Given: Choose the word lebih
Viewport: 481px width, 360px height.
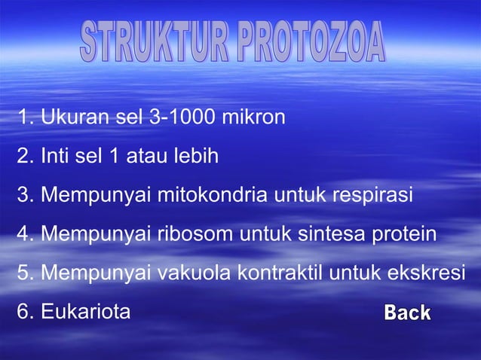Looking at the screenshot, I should [x=195, y=157].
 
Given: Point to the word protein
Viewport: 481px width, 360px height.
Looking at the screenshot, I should [x=404, y=234].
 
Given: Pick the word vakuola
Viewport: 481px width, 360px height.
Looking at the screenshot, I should [x=192, y=272].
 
